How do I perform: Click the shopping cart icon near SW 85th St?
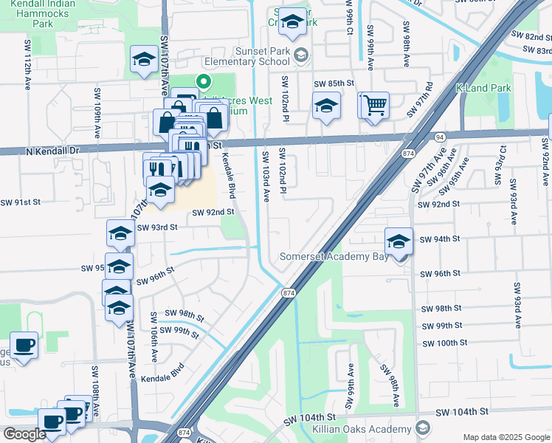pos(375,106)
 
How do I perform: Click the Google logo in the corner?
pos(24,434)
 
